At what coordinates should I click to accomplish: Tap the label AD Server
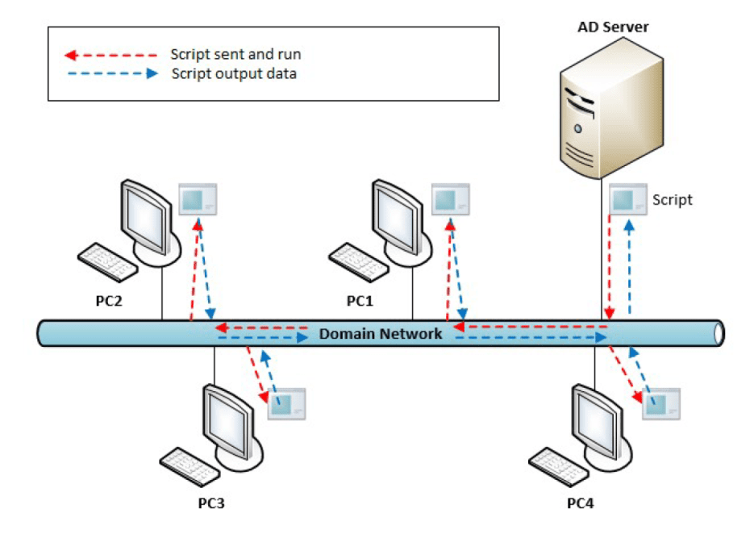coord(613,27)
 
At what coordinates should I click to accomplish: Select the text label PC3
coord(211,503)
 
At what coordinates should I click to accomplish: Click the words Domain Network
coord(381,333)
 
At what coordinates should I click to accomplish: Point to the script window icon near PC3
coord(288,402)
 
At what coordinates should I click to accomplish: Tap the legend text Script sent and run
coord(235,55)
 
